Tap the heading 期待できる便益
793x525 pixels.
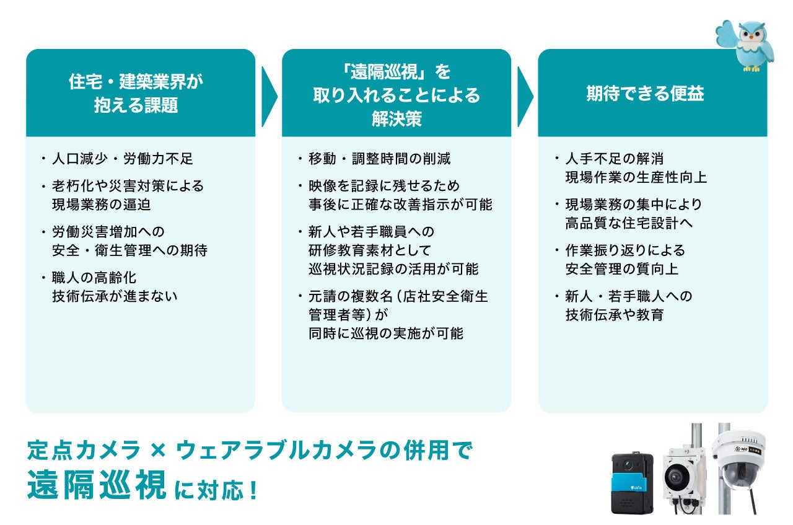[x=645, y=94]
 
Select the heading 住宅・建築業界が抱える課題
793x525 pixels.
[x=136, y=94]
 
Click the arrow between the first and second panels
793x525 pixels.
[x=269, y=95]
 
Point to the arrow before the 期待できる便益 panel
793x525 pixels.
[x=525, y=95]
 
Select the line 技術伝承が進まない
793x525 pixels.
[x=115, y=296]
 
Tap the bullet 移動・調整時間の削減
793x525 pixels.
[x=379, y=159]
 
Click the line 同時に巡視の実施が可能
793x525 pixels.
[x=385, y=333]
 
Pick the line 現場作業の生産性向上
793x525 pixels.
[x=636, y=177]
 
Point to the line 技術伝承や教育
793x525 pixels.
[x=614, y=315]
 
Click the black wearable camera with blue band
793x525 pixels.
[x=632, y=483]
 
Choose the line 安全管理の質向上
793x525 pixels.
[x=622, y=269]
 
